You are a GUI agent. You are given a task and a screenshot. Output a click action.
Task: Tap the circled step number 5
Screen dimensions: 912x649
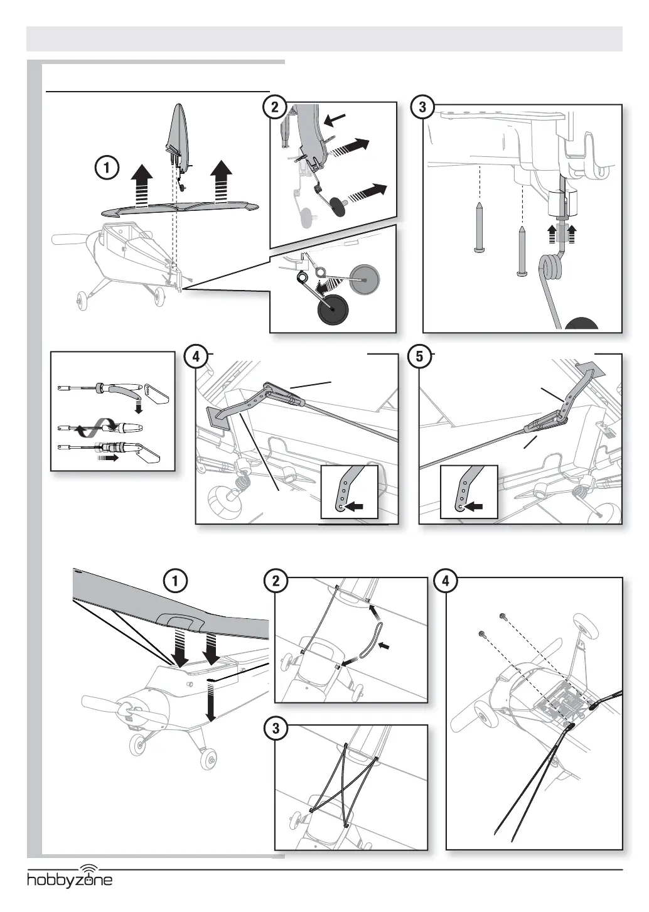419,357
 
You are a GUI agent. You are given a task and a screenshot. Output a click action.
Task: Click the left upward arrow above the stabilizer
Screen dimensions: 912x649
143,182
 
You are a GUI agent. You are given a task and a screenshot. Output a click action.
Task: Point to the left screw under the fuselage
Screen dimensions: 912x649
479,229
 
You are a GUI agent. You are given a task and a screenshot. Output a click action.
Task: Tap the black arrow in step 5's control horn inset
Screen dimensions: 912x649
475,505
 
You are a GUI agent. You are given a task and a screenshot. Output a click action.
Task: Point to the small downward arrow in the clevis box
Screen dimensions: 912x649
138,409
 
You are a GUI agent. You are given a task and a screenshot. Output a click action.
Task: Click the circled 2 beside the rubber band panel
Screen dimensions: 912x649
276,581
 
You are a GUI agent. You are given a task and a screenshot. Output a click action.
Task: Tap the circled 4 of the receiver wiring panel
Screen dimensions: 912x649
446,581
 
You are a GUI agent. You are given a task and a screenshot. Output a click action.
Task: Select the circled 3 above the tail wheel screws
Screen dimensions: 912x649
422,107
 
